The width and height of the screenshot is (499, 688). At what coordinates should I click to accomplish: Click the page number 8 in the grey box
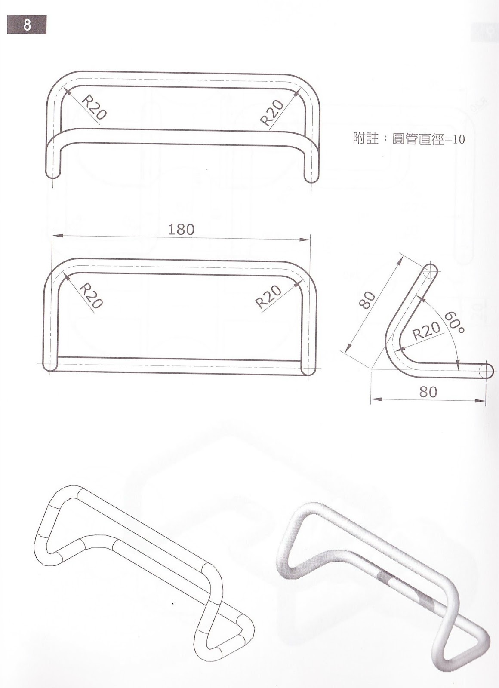click(x=26, y=25)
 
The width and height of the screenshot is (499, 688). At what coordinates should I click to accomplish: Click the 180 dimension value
click(x=181, y=229)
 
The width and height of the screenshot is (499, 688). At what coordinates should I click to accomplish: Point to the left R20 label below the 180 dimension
click(x=91, y=295)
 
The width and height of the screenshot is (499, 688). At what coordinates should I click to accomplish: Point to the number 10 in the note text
click(x=459, y=140)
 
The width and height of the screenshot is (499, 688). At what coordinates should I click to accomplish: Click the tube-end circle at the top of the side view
click(x=430, y=272)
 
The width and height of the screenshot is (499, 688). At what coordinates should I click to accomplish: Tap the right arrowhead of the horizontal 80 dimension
click(x=483, y=399)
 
